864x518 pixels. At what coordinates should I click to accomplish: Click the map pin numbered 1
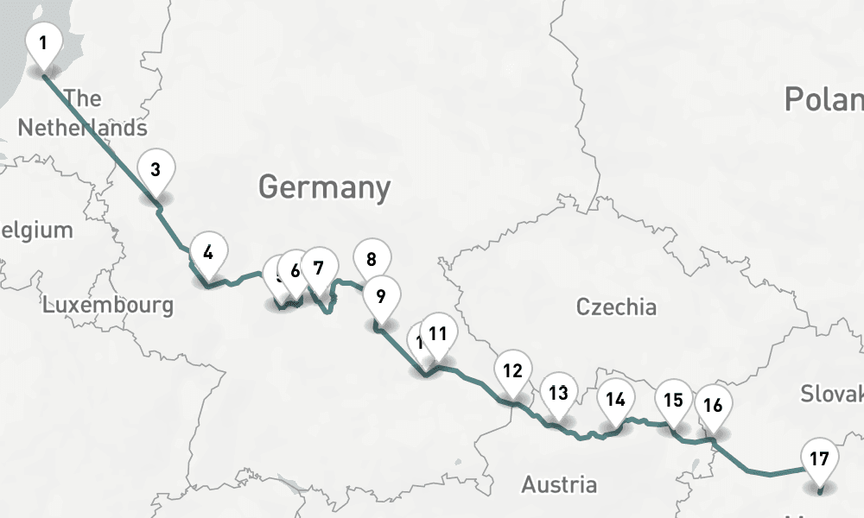[x=44, y=42]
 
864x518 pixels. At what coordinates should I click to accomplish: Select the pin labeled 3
[x=156, y=169]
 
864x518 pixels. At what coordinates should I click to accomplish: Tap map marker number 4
[x=207, y=253]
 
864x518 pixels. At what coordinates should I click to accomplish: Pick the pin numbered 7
[x=319, y=268]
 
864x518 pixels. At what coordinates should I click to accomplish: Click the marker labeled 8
[x=372, y=258]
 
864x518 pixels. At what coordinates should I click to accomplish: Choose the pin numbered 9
[x=379, y=296]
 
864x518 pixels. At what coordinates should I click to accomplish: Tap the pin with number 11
[x=438, y=332]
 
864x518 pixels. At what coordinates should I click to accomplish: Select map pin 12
[x=512, y=371]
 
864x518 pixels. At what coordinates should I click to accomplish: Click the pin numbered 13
[x=558, y=394]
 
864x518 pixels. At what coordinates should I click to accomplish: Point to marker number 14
[x=615, y=400]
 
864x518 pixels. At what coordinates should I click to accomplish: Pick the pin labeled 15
[x=673, y=400]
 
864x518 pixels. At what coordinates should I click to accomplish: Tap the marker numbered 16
[x=713, y=405]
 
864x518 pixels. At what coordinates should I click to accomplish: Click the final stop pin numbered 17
[x=820, y=458]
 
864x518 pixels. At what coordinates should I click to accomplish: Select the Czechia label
[x=616, y=306]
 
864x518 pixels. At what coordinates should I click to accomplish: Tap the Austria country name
[x=559, y=484]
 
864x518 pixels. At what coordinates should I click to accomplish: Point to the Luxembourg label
[x=108, y=305]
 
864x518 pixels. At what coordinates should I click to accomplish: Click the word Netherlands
[x=82, y=128]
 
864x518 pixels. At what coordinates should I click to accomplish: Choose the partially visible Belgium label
[x=36, y=231]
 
